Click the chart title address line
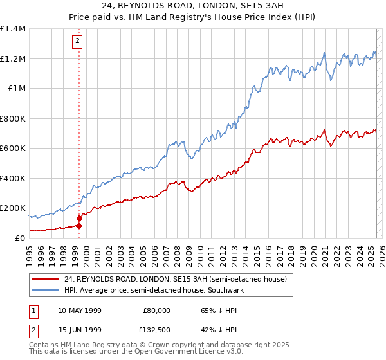point(193,6)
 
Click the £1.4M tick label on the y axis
point(13,29)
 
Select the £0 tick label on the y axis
point(20,238)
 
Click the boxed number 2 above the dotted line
point(78,42)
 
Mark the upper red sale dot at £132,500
point(79,218)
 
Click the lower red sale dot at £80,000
point(79,226)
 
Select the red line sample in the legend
point(45,279)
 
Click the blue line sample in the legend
point(45,290)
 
